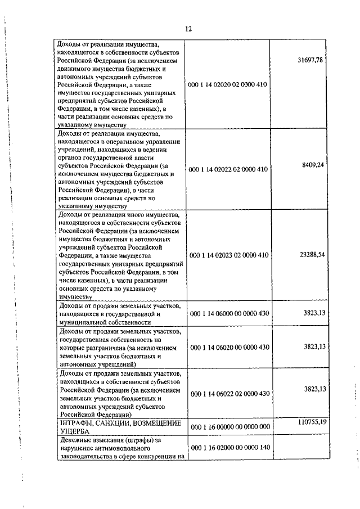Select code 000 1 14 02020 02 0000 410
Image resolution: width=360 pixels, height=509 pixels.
tap(229, 84)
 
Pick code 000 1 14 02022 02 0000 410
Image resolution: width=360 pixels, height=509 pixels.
tap(229, 169)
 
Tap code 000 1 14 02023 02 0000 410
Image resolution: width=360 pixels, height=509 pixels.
tap(229, 255)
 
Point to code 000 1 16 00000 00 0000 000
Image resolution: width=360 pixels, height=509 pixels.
tap(229, 427)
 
